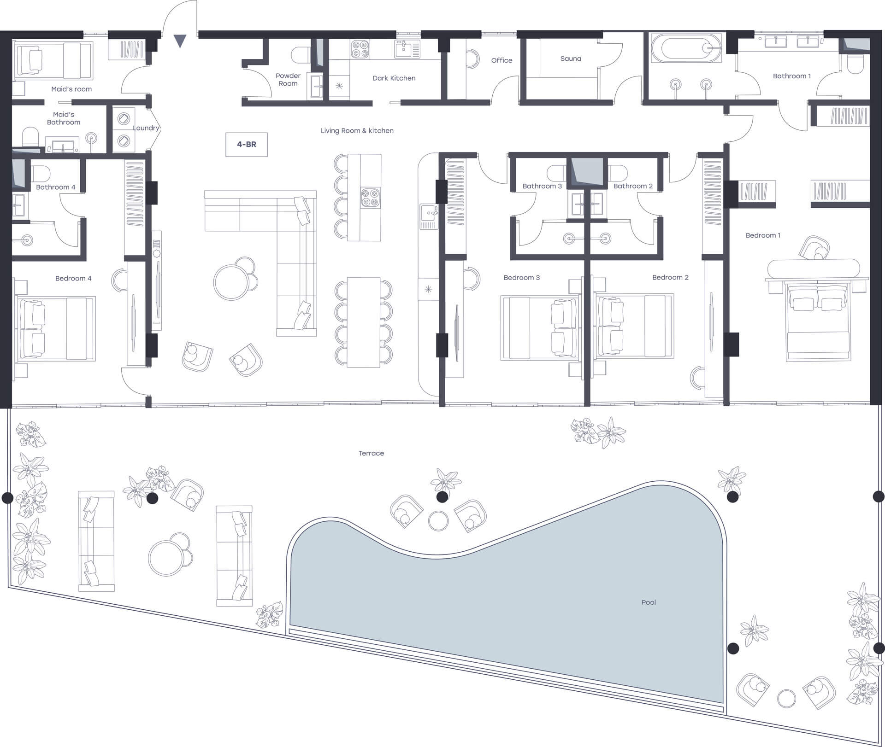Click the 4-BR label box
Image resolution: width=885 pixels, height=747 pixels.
[x=247, y=145]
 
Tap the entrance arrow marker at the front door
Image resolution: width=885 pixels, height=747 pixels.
[x=180, y=41]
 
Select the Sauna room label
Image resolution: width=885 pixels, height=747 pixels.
[x=571, y=58]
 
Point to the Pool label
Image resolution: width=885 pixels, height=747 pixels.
[x=649, y=602]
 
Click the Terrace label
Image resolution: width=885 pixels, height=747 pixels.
[x=371, y=453]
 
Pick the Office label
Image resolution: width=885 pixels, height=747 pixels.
[x=501, y=60]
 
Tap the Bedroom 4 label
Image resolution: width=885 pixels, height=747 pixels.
[x=73, y=278]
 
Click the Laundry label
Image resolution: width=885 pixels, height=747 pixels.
[x=146, y=128]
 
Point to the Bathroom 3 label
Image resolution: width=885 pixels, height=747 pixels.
[x=542, y=186]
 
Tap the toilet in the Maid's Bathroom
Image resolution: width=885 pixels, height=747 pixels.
[x=30, y=137]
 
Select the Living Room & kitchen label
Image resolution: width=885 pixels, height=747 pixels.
[x=357, y=131]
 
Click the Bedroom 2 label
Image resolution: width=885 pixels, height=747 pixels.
[x=670, y=277]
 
